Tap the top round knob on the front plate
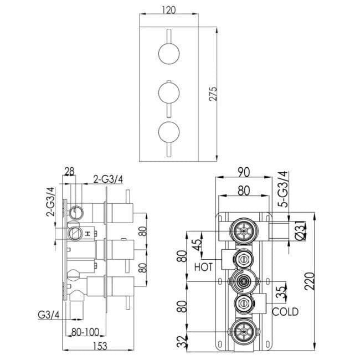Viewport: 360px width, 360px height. pyautogui.click(x=168, y=54)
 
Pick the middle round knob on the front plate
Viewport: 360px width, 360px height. pyautogui.click(x=168, y=91)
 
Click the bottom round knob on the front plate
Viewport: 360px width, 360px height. pyautogui.click(x=168, y=131)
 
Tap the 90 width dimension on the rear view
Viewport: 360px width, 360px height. pyautogui.click(x=243, y=172)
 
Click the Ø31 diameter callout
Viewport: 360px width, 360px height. pyautogui.click(x=300, y=228)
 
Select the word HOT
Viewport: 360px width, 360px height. pyautogui.click(x=204, y=267)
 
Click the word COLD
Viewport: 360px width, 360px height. pyautogui.click(x=285, y=312)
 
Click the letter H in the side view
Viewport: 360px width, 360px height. pyautogui.click(x=87, y=233)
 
